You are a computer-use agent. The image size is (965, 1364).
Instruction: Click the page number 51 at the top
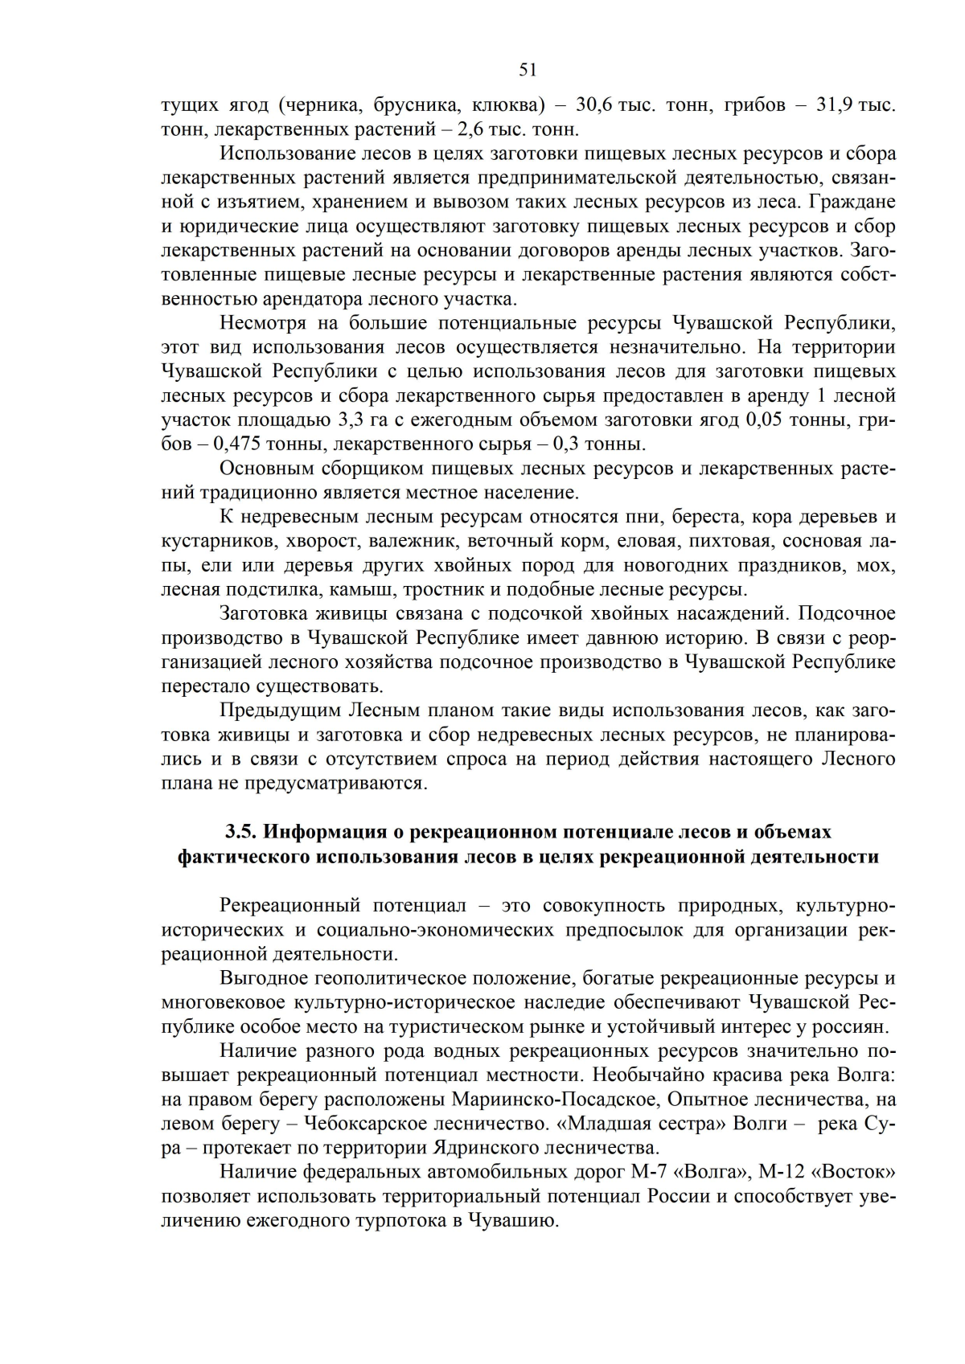528,70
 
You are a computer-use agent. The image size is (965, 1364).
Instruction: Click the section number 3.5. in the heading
240,831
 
